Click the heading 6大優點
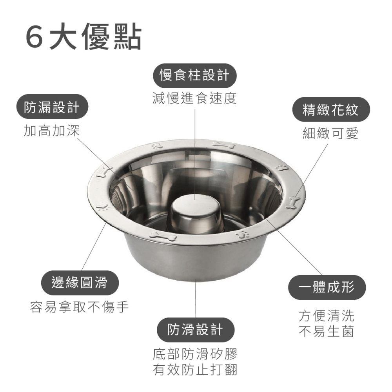click(x=83, y=38)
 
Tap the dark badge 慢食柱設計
click(x=194, y=74)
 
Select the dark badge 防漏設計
click(x=52, y=107)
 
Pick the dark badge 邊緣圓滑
click(x=80, y=282)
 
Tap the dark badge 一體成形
click(x=327, y=287)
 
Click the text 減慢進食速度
click(x=194, y=98)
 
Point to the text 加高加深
click(x=52, y=131)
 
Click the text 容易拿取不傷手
click(x=80, y=307)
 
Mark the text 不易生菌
click(x=327, y=332)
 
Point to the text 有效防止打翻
click(x=195, y=370)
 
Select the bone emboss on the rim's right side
click(x=292, y=202)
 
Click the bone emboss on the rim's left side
click(x=102, y=172)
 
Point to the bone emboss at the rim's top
click(x=224, y=145)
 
